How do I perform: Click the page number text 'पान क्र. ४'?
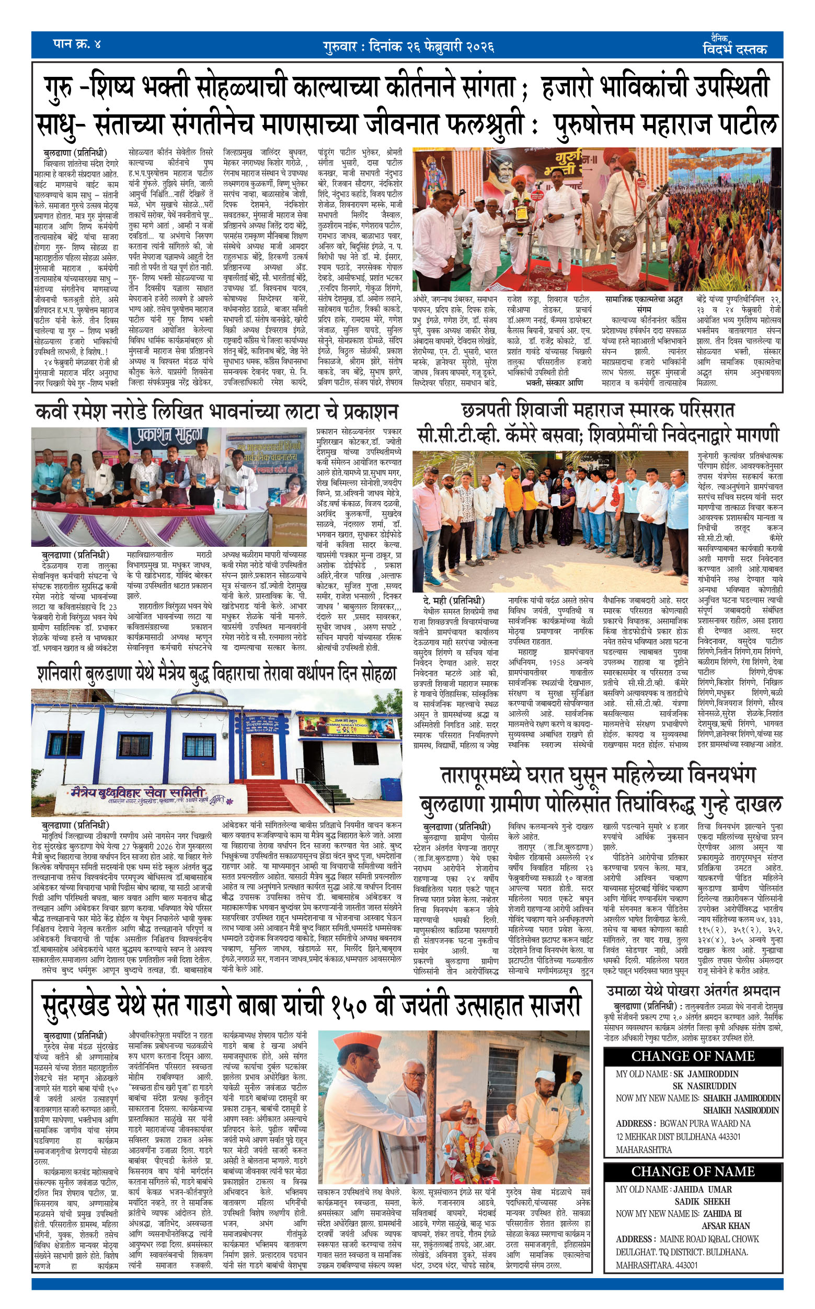(76, 44)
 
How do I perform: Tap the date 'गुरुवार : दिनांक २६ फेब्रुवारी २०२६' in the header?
(409, 47)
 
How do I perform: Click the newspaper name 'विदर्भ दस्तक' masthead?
(734, 49)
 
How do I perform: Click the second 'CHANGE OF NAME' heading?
(693, 1171)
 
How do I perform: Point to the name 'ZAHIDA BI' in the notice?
(722, 1213)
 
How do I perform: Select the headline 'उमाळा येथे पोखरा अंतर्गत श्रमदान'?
(693, 991)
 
